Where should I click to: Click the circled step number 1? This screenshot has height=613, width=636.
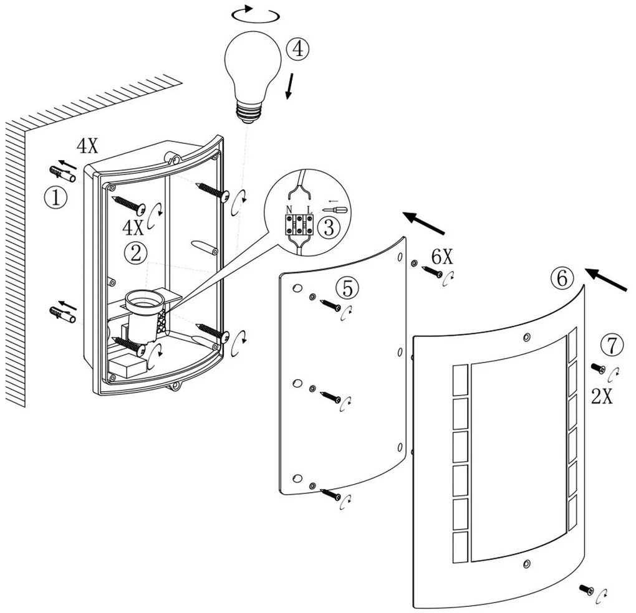pyautogui.click(x=55, y=198)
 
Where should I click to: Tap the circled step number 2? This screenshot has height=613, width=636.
pyautogui.click(x=135, y=252)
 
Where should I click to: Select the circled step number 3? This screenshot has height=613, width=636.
pyautogui.click(x=329, y=227)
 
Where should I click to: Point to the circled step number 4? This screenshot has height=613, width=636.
pyautogui.click(x=299, y=49)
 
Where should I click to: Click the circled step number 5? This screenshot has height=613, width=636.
pyautogui.click(x=348, y=287)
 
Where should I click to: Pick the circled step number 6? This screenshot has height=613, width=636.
pyautogui.click(x=562, y=278)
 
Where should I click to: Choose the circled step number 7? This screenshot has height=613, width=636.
pyautogui.click(x=612, y=344)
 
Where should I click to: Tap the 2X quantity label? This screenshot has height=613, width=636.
pyautogui.click(x=602, y=396)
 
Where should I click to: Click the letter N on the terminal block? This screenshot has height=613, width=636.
pyautogui.click(x=289, y=209)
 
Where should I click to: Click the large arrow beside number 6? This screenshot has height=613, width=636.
pyautogui.click(x=607, y=281)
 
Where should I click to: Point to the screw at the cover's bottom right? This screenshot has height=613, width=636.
pyautogui.click(x=586, y=589)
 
